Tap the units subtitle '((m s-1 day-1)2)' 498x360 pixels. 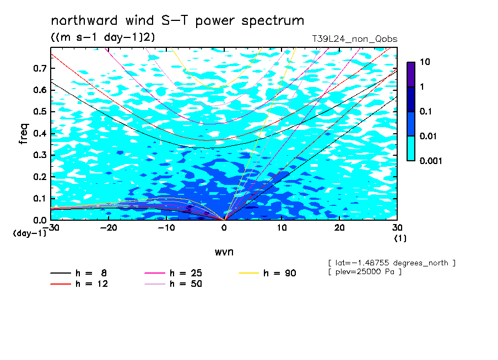click(x=103, y=37)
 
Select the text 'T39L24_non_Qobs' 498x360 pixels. click(x=354, y=39)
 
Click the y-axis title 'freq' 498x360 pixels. click(x=24, y=134)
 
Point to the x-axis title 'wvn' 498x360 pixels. click(x=224, y=252)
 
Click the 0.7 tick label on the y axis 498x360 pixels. click(x=40, y=68)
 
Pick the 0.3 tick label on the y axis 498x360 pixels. click(x=40, y=155)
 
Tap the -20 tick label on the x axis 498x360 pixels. click(x=109, y=228)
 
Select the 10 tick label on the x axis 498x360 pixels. click(x=282, y=228)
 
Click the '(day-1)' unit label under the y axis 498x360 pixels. click(x=30, y=233)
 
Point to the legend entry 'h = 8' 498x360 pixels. click(x=78, y=273)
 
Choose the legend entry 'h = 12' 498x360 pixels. click(x=79, y=283)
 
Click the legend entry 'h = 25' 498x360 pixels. click(x=173, y=273)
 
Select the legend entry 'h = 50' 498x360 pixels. click(x=173, y=283)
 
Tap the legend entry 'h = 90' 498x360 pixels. click(x=267, y=273)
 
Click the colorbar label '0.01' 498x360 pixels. click(x=429, y=137)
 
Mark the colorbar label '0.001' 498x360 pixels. click(x=431, y=161)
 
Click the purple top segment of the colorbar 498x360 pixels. click(x=411, y=75)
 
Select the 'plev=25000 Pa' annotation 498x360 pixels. click(x=365, y=272)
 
